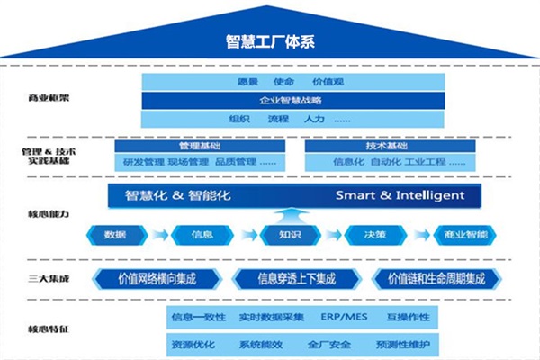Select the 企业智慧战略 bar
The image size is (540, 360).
(x=290, y=100)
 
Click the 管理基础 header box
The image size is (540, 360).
(x=199, y=145)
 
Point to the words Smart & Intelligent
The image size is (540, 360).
(x=400, y=195)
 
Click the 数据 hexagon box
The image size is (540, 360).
(x=115, y=235)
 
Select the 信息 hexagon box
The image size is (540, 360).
(x=202, y=235)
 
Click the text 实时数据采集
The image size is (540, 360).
(x=272, y=318)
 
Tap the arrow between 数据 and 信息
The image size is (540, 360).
(x=159, y=235)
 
